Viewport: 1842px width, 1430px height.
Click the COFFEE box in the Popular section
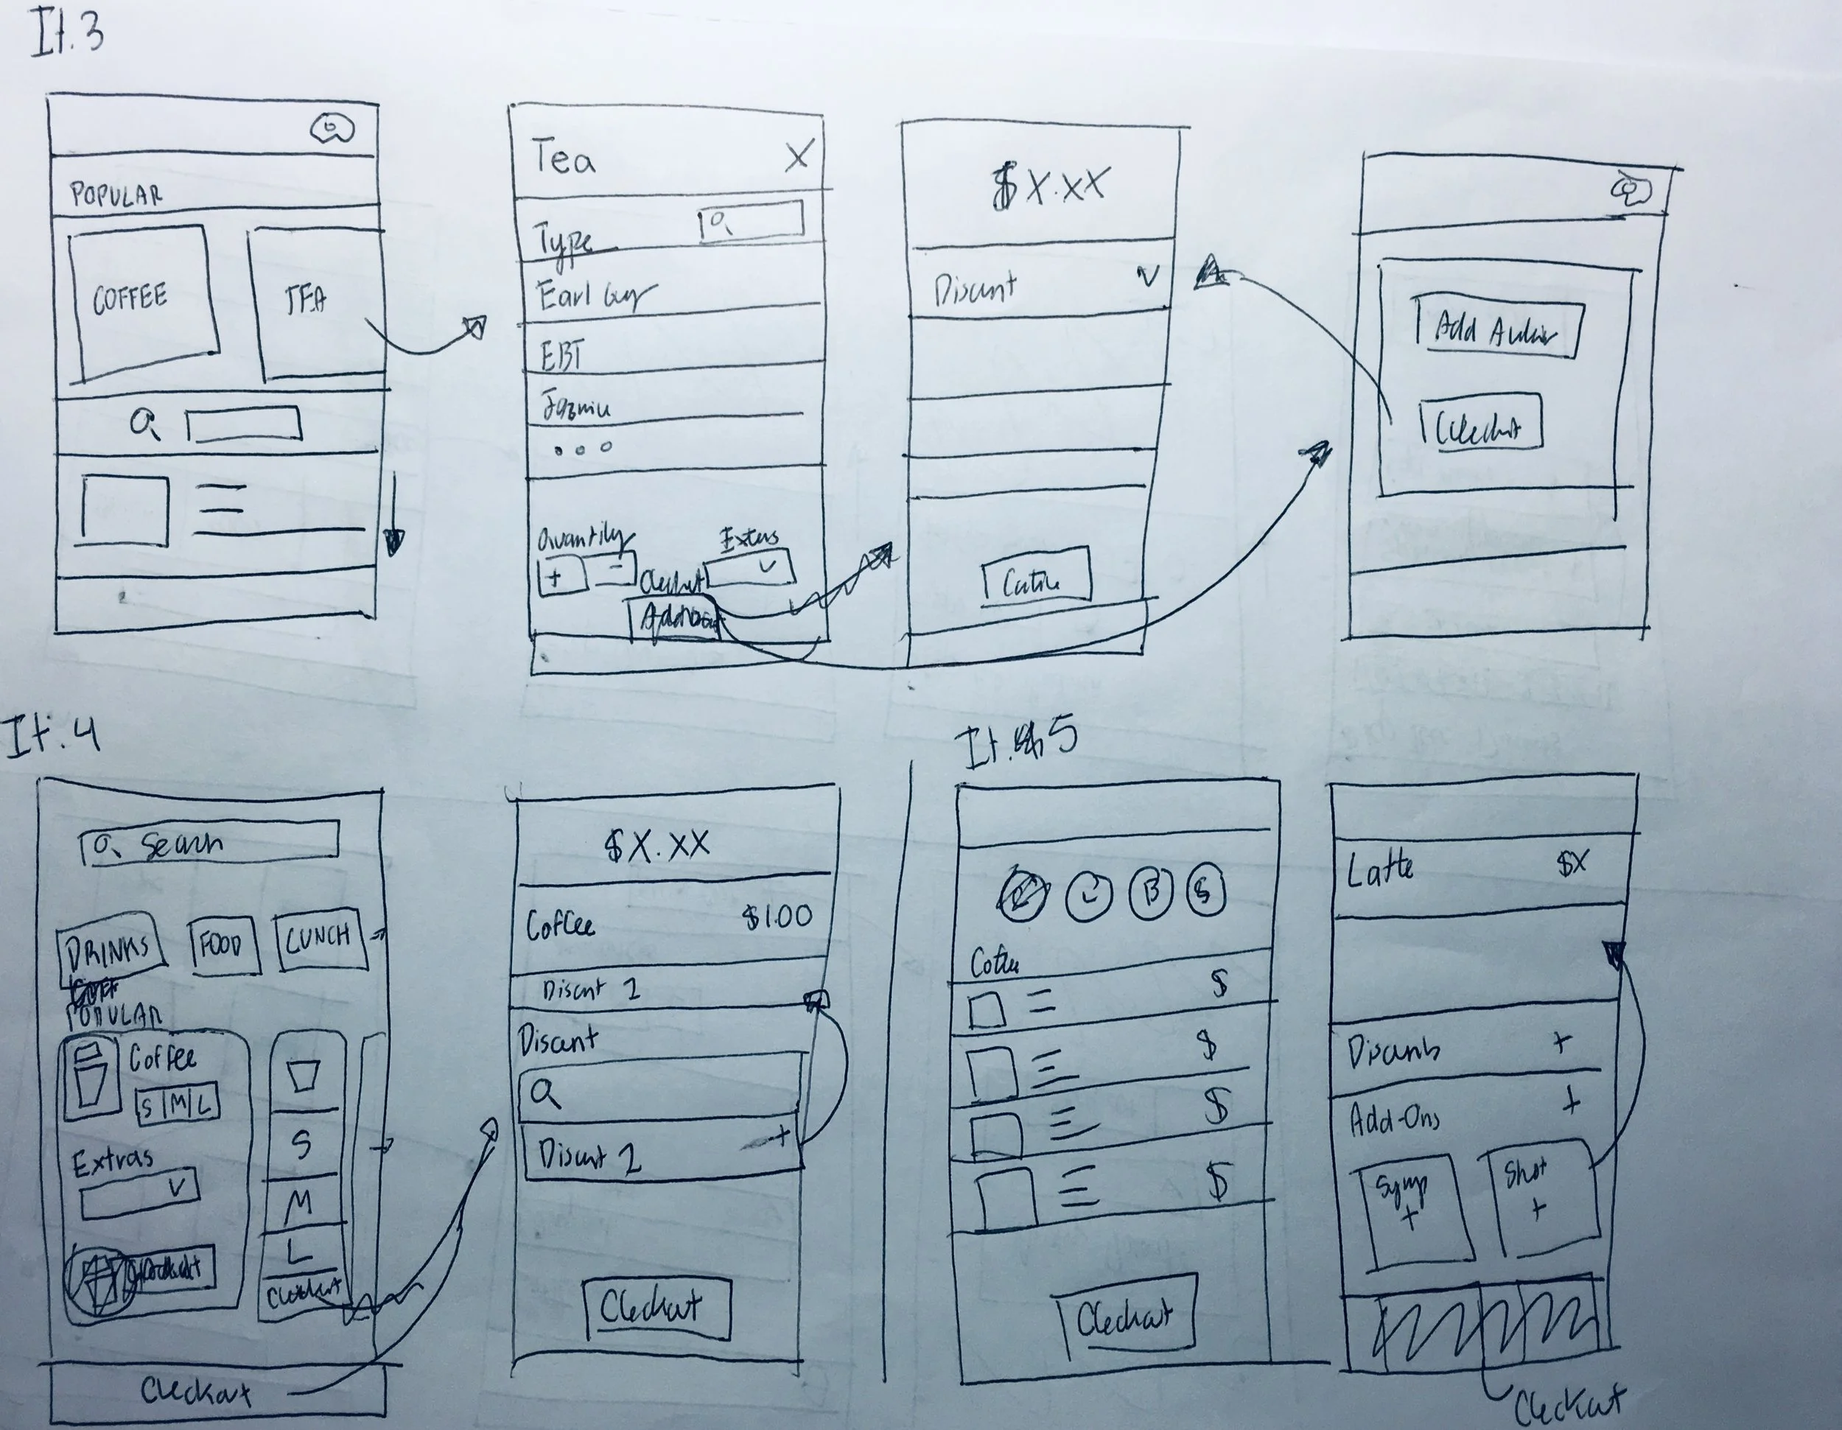141,300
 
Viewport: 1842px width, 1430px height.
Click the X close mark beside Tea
797,156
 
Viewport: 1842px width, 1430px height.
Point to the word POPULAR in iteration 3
116,194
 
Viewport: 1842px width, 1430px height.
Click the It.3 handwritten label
69,35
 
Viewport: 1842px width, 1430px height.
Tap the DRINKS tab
110,950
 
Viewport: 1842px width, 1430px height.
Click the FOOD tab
223,945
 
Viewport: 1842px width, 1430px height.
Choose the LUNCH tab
320,939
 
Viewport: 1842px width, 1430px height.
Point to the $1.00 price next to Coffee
777,916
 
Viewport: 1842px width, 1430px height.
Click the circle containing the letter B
1149,892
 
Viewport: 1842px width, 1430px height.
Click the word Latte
1380,869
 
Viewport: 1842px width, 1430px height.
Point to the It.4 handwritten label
52,736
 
